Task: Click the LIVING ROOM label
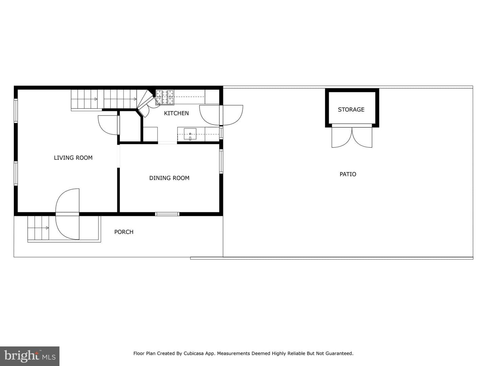(x=73, y=158)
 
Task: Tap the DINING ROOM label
(x=169, y=178)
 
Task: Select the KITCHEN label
(x=177, y=113)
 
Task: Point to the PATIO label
(x=348, y=174)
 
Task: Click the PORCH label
(x=124, y=232)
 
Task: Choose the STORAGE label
(x=351, y=109)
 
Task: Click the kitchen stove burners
(x=165, y=97)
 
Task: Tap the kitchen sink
(x=190, y=134)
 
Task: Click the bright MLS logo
(x=30, y=356)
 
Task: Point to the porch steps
(x=38, y=228)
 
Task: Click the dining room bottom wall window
(x=167, y=214)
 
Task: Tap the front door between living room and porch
(x=67, y=214)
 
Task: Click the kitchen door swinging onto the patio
(x=221, y=115)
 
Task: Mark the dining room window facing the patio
(x=221, y=161)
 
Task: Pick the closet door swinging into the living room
(x=108, y=125)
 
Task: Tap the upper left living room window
(x=16, y=110)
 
